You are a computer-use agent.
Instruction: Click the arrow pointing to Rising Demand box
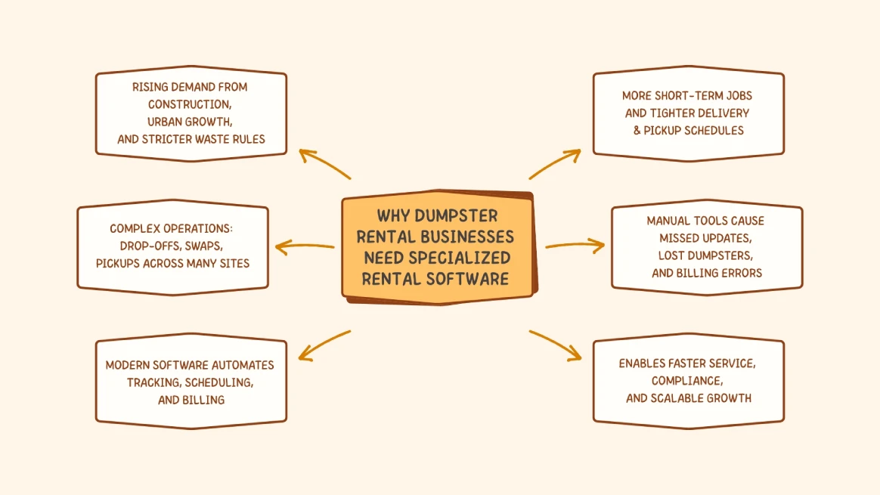(324, 163)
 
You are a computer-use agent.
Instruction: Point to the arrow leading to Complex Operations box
(304, 246)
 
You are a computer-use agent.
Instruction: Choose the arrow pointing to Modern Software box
(324, 345)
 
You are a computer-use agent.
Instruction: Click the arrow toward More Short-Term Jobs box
(556, 163)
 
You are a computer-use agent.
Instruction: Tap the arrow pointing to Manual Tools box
(575, 246)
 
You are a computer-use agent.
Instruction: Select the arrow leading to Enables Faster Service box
(556, 345)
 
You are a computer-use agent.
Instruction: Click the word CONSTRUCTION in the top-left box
(190, 104)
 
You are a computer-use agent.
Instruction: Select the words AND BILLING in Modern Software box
(191, 400)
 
